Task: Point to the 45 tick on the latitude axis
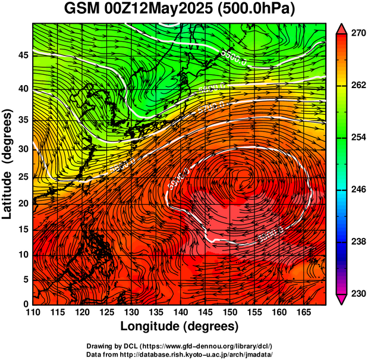pos(22,55)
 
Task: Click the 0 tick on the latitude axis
pos(26,304)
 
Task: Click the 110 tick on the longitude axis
pos(33,314)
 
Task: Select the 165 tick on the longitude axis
pos(302,314)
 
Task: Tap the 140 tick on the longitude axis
pos(180,314)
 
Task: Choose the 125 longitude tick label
pos(106,314)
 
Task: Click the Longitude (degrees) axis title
pos(180,326)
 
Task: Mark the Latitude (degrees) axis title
pos(8,164)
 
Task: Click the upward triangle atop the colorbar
pos(342,28)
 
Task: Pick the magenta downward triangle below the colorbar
pos(342,299)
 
